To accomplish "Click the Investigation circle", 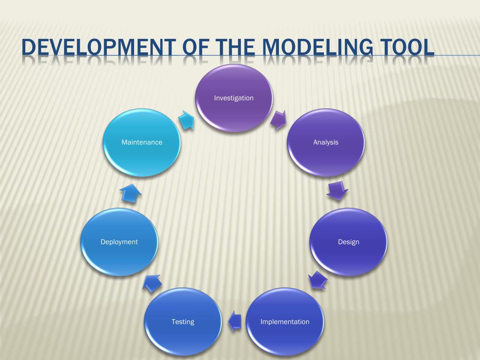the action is click(233, 98).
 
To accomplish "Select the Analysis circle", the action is click(325, 142).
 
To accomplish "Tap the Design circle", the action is click(348, 242).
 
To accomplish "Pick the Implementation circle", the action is click(285, 322).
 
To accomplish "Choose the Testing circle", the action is click(182, 322).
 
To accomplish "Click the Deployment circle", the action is click(119, 242).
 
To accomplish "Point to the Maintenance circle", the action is click(142, 142).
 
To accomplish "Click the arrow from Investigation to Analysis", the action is click(278, 120).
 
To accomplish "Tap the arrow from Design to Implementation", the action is click(318, 280).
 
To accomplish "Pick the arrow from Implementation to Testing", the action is click(234, 321).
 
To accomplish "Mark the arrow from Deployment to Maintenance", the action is click(131, 193).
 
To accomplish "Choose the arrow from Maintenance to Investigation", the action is click(186, 120).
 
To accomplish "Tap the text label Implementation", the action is click(285, 322).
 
